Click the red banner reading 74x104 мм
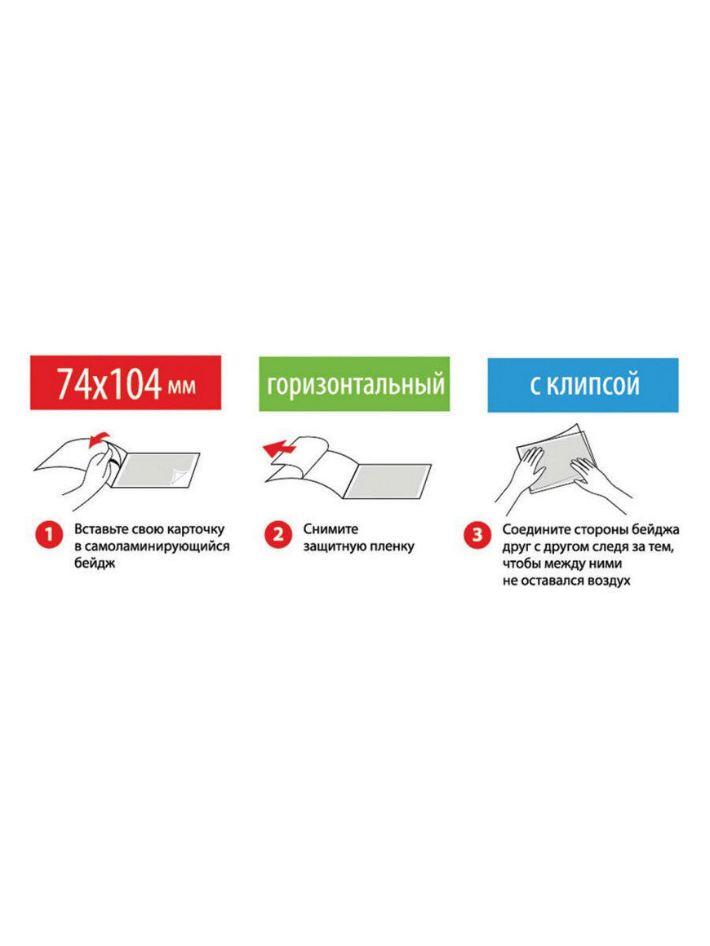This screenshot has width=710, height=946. click(x=126, y=382)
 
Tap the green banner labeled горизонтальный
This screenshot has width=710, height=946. click(x=354, y=384)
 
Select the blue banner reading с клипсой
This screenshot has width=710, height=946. click(x=584, y=385)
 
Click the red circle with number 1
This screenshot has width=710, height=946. click(x=49, y=534)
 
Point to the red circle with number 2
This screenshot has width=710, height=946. click(x=278, y=534)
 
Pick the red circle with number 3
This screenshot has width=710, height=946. click(x=477, y=534)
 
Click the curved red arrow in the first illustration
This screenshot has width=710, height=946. click(x=99, y=440)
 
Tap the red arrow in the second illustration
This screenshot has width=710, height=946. click(x=279, y=448)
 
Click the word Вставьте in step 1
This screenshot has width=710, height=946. click(x=101, y=529)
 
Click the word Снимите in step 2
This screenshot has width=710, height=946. click(x=331, y=529)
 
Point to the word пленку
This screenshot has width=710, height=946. click(x=392, y=546)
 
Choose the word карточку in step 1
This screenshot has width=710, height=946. click(x=196, y=529)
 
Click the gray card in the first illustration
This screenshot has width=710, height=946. click(x=156, y=470)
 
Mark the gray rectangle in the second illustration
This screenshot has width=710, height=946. click(x=387, y=481)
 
